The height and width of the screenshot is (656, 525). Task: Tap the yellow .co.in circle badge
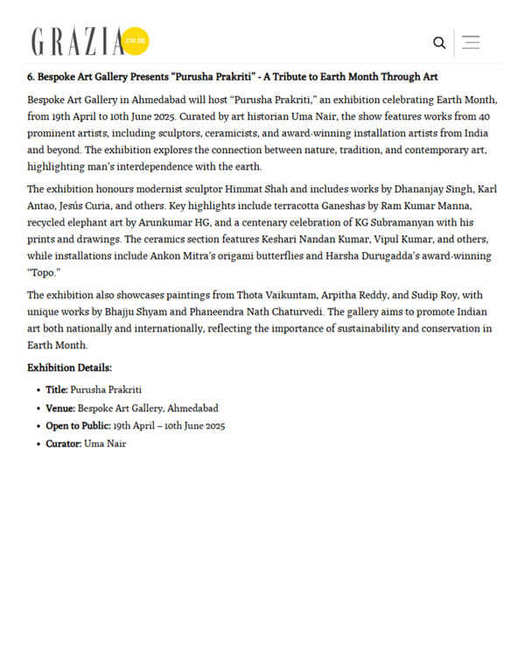[136, 41]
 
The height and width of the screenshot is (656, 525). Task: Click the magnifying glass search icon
[439, 42]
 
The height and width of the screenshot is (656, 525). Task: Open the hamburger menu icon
[471, 42]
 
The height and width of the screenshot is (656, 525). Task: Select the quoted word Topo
[41, 273]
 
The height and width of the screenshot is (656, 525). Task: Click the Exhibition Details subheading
[69, 368]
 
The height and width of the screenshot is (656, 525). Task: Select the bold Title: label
[57, 390]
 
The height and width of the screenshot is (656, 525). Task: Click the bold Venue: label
[60, 408]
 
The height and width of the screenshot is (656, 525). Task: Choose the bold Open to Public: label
[78, 426]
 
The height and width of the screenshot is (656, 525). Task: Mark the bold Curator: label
[64, 444]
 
